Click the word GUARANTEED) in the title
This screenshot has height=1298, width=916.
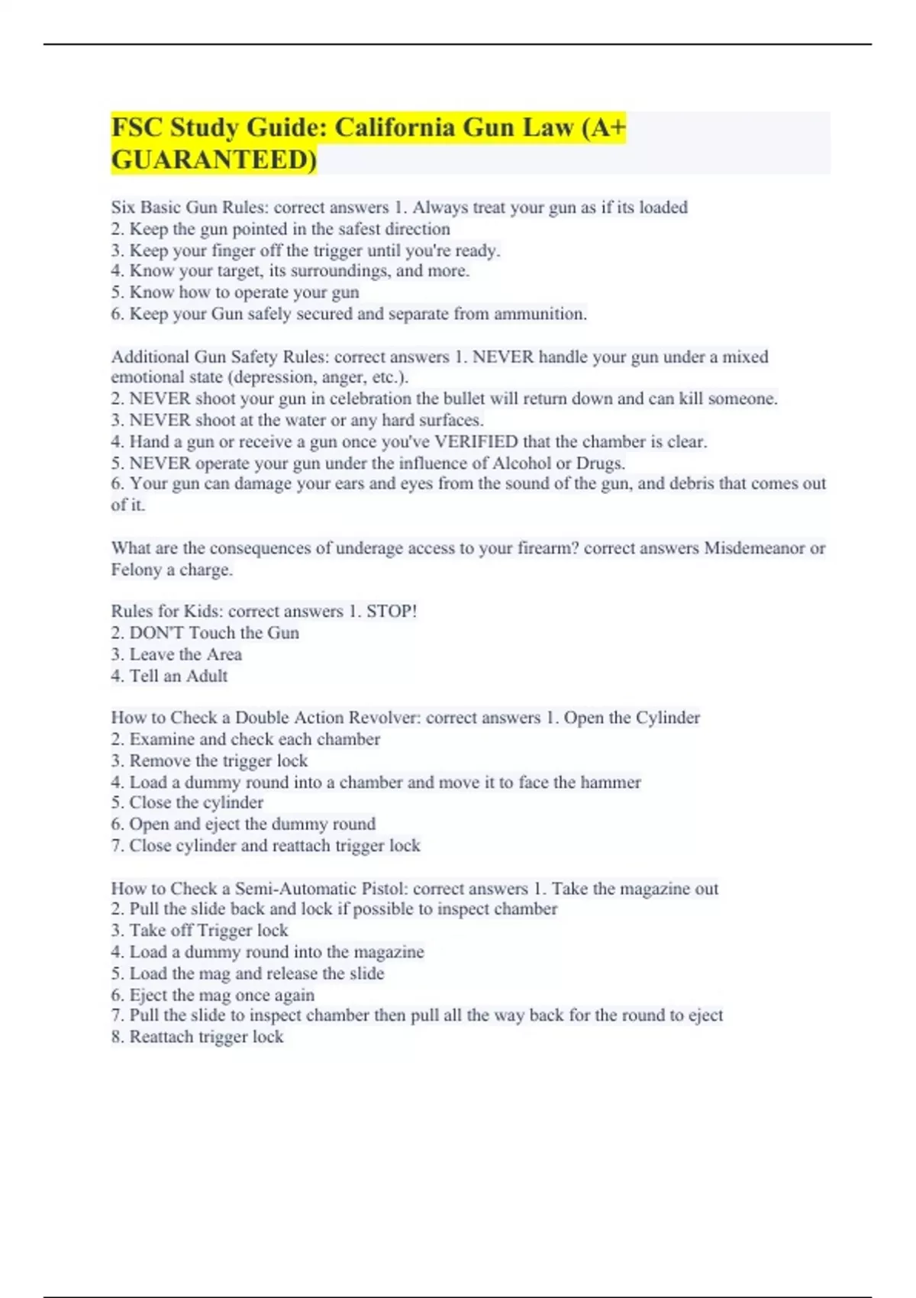point(214,160)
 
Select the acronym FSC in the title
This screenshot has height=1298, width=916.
point(137,128)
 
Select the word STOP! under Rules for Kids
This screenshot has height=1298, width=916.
point(392,612)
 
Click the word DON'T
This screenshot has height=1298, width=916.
point(156,633)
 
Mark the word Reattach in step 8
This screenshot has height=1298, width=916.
point(162,1037)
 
